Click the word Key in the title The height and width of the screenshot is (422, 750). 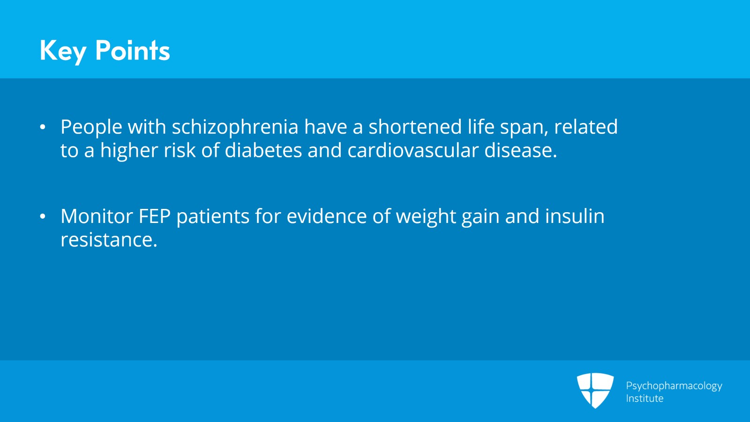[x=63, y=51]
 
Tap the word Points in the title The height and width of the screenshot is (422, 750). [x=133, y=50]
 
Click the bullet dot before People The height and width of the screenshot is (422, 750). [x=43, y=127]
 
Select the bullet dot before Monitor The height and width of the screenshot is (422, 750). [x=43, y=216]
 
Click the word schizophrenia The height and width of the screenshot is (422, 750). [x=235, y=128]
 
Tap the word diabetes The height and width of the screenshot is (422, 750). [x=263, y=150]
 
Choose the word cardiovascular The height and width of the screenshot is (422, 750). [x=413, y=150]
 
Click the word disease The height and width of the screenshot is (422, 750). [x=521, y=150]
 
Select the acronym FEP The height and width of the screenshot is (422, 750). [x=154, y=216]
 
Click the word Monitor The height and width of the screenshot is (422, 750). [x=97, y=216]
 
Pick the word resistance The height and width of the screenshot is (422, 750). [x=109, y=240]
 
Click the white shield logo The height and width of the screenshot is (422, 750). [x=595, y=391]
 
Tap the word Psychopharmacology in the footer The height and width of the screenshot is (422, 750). [x=674, y=386]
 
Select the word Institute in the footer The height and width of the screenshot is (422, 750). [x=645, y=398]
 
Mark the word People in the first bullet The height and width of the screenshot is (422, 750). [x=91, y=128]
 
